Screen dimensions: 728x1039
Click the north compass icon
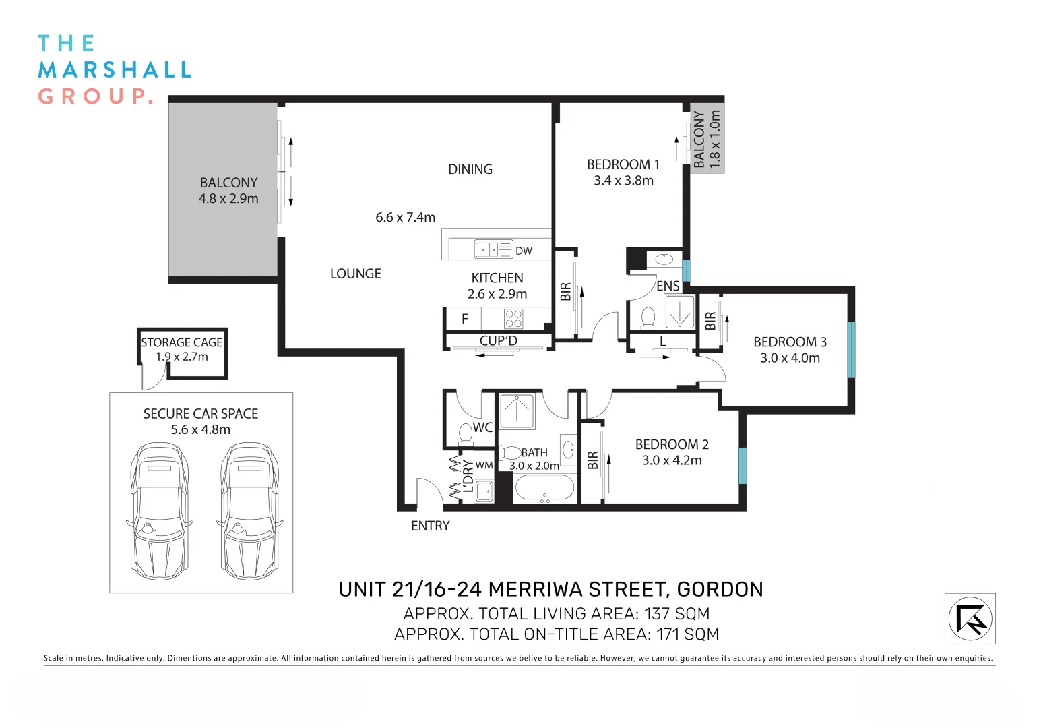(x=970, y=618)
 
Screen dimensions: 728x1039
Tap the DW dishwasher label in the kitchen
(x=524, y=251)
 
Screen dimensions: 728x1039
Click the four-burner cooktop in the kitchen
(x=513, y=319)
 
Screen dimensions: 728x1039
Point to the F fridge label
(x=464, y=319)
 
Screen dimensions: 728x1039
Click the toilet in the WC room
(x=466, y=433)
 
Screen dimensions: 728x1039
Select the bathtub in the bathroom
(x=544, y=487)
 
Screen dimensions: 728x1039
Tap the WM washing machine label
(x=484, y=465)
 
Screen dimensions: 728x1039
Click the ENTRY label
(x=430, y=526)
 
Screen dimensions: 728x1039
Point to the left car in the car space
(x=159, y=510)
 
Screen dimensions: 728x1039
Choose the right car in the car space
(x=249, y=510)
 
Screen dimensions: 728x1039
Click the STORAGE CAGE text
(x=181, y=342)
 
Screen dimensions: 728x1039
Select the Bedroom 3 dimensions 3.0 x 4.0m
(x=790, y=358)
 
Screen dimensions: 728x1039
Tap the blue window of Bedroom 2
(x=743, y=466)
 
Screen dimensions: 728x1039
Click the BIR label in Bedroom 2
(x=592, y=460)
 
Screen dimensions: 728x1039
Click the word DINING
(x=470, y=169)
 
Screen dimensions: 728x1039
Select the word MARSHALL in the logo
(x=115, y=70)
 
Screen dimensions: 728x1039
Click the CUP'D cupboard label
(x=498, y=341)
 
